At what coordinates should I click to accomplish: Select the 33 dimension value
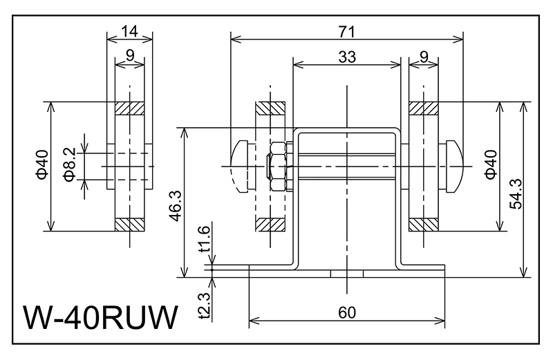(347, 58)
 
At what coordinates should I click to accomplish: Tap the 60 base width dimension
(347, 312)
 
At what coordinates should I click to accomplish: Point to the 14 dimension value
(129, 30)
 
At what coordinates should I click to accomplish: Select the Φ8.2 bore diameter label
(68, 164)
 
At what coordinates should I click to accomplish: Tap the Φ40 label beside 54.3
(489, 165)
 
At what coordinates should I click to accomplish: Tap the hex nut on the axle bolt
(277, 166)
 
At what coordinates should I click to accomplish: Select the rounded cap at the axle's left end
(240, 166)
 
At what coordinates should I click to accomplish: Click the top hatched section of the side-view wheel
(129, 109)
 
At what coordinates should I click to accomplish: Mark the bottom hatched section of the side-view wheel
(129, 224)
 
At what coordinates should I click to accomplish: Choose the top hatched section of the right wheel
(422, 109)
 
